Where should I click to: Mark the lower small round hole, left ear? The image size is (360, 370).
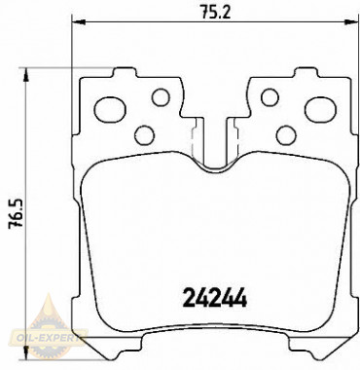(x=144, y=134)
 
